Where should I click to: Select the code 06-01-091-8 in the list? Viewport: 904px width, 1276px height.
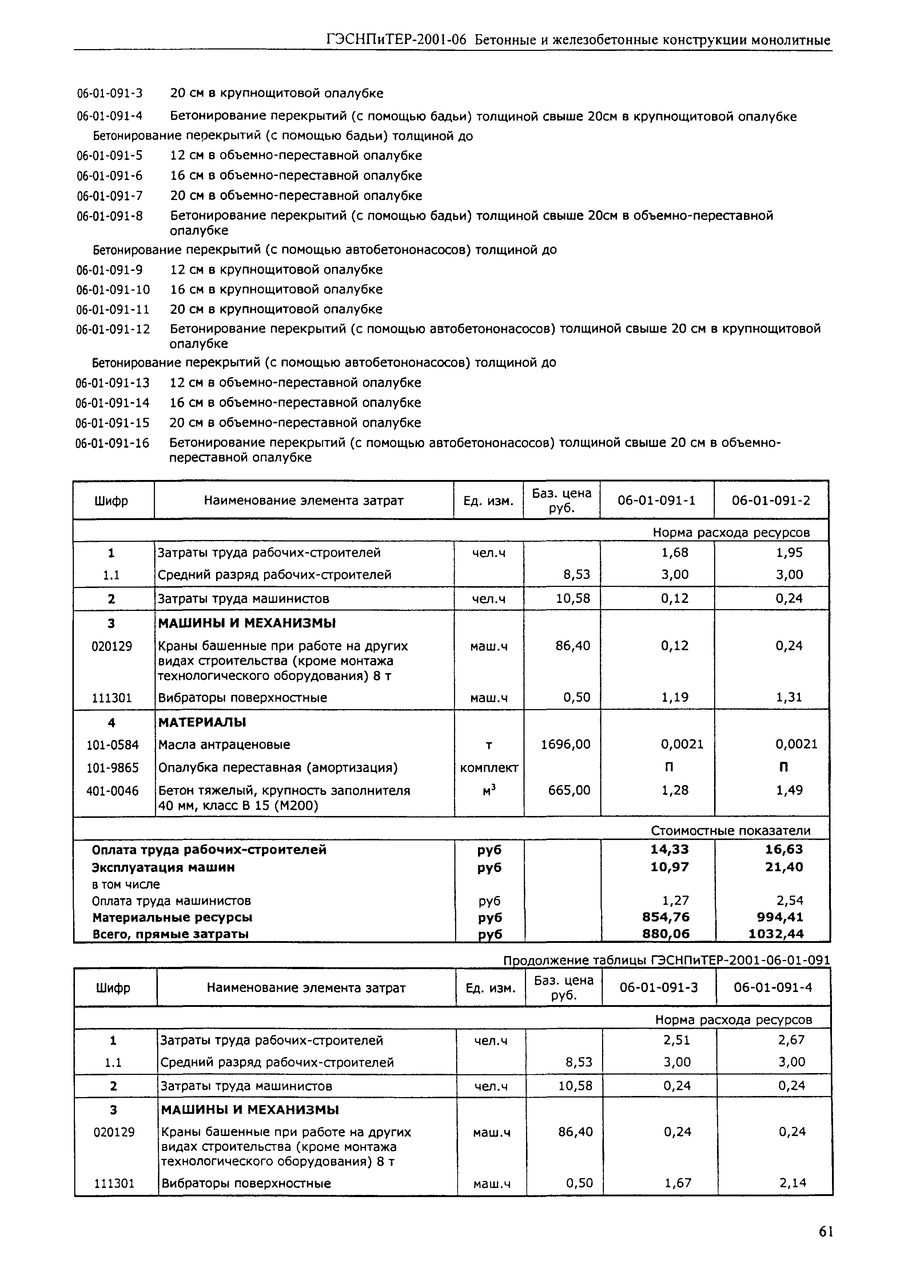pyautogui.click(x=109, y=216)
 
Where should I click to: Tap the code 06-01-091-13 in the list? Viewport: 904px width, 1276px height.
pyautogui.click(x=112, y=383)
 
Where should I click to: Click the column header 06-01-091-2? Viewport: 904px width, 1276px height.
pyautogui.click(x=771, y=500)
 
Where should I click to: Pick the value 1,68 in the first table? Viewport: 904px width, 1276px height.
pyautogui.click(x=675, y=553)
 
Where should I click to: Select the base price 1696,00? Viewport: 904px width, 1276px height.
pyautogui.click(x=566, y=744)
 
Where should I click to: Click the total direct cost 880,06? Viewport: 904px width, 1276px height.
pyautogui.click(x=666, y=934)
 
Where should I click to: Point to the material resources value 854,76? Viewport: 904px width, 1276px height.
pyautogui.click(x=666, y=917)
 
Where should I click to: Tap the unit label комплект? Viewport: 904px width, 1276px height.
pyautogui.click(x=489, y=768)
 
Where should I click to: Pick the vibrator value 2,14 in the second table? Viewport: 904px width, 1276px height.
pyautogui.click(x=793, y=1183)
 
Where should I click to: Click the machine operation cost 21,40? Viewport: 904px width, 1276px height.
pyautogui.click(x=784, y=867)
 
